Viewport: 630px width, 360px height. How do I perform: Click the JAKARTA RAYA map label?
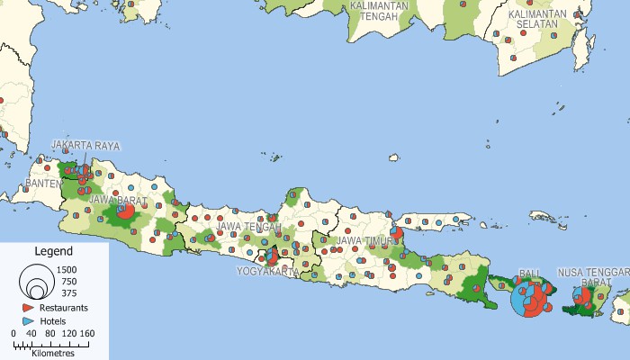(85, 145)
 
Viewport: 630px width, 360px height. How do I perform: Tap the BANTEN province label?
(43, 184)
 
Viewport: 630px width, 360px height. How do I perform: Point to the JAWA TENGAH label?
(246, 226)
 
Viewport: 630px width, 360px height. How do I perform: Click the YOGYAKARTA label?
(268, 271)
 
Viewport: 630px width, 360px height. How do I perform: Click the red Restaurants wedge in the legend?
(30, 308)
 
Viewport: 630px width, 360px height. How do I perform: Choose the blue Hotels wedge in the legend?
(30, 320)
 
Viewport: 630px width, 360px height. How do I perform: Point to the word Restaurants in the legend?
(64, 308)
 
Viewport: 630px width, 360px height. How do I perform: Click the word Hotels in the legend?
(53, 320)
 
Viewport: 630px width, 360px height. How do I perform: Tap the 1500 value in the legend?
(67, 269)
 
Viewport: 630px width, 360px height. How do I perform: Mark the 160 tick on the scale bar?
(86, 333)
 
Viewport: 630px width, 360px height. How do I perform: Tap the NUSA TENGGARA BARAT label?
(594, 276)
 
